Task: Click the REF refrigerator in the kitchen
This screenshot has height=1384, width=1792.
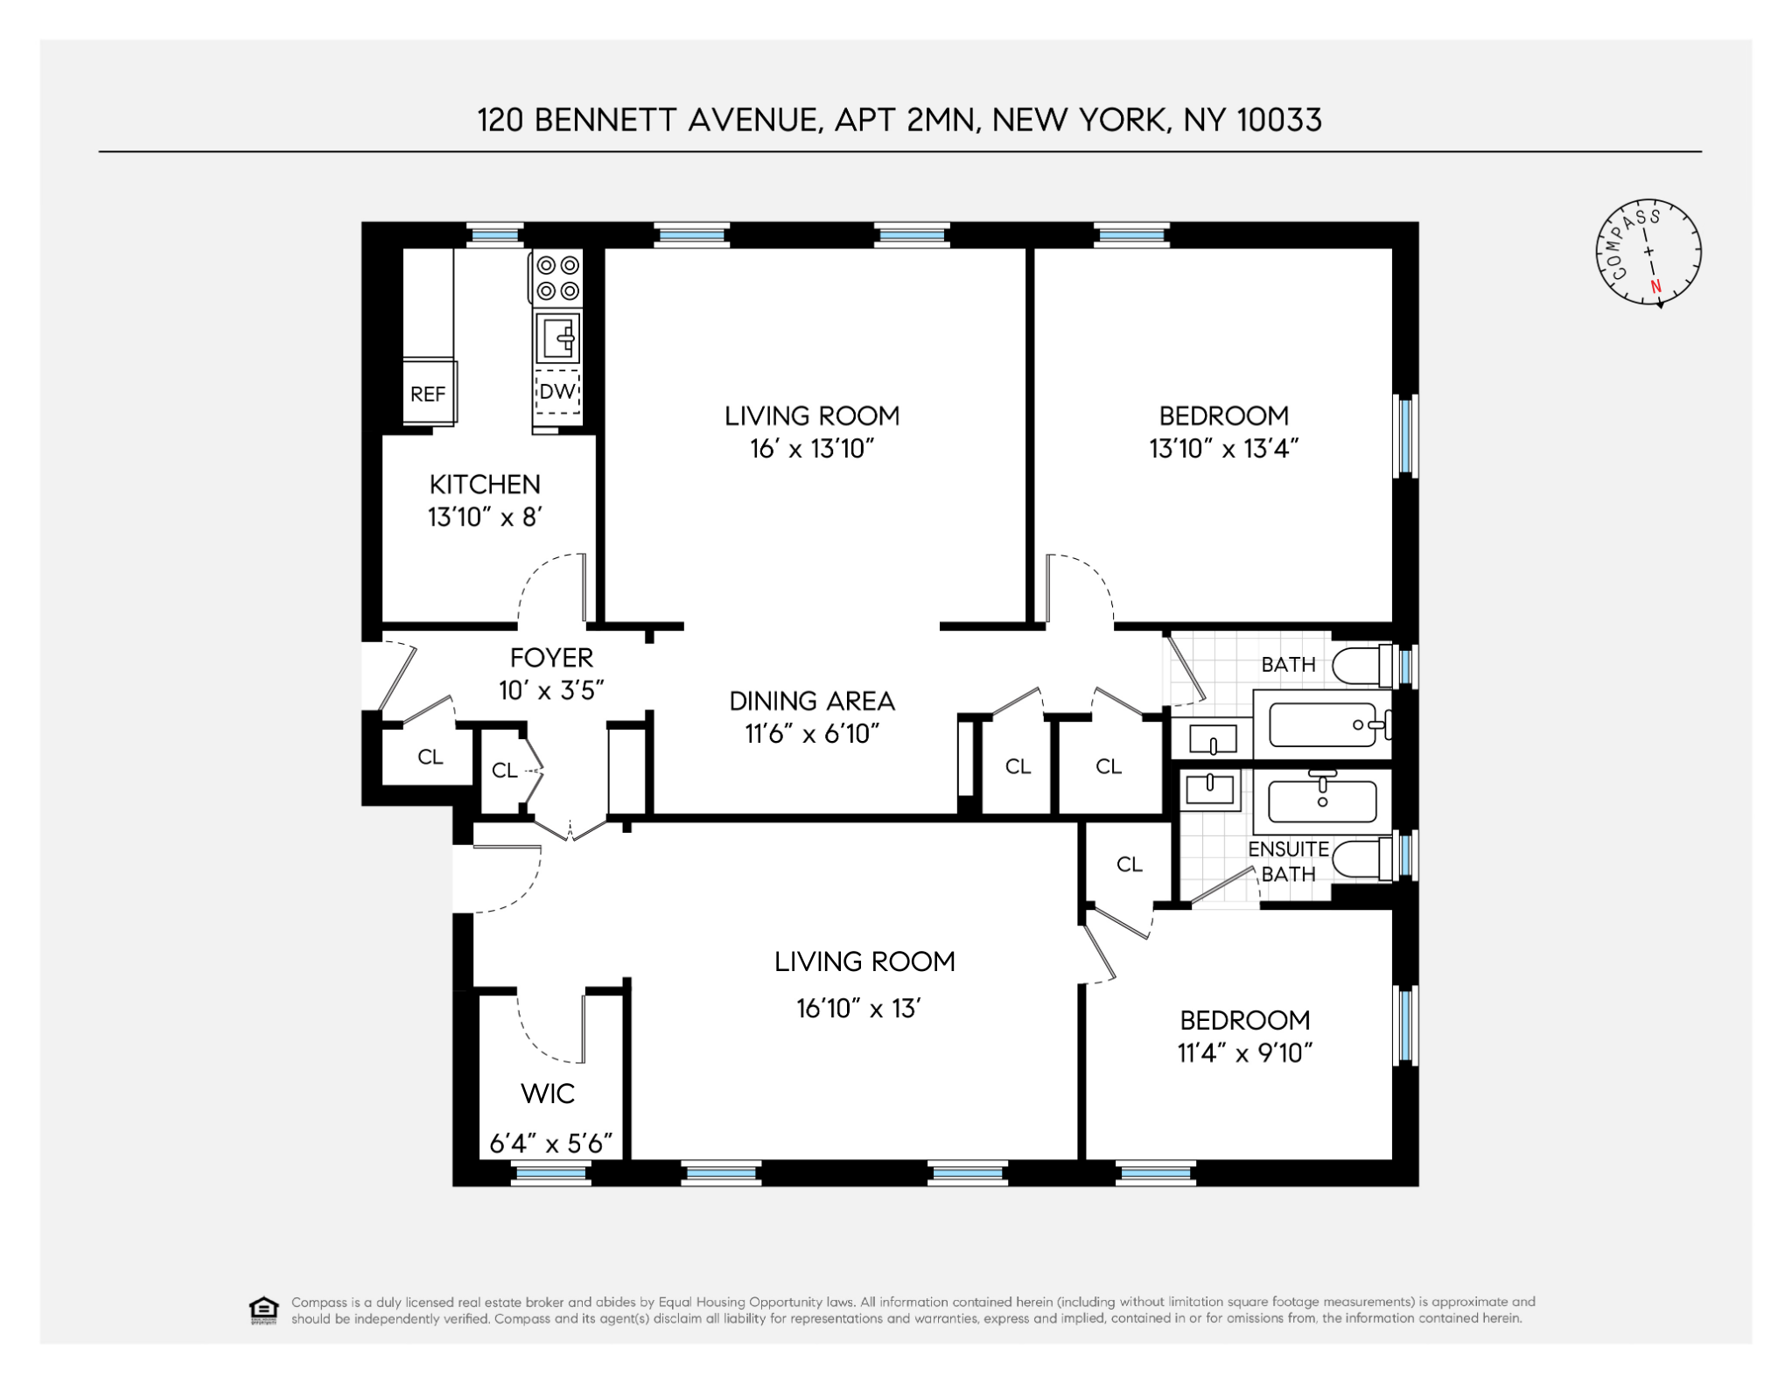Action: point(428,393)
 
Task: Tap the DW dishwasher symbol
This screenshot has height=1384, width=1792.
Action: point(557,391)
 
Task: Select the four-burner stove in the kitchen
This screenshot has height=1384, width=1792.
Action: point(558,277)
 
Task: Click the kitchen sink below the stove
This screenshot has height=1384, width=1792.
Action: point(558,337)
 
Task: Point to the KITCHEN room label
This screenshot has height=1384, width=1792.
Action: point(485,484)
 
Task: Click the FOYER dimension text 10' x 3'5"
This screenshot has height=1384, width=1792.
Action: point(551,690)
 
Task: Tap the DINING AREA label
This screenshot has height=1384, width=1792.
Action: point(812,701)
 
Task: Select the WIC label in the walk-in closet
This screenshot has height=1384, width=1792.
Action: point(548,1093)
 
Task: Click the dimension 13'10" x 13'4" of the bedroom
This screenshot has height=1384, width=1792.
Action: point(1223,449)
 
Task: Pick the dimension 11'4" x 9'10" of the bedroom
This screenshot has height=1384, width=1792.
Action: point(1244,1052)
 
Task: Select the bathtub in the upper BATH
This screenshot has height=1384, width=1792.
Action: point(1323,724)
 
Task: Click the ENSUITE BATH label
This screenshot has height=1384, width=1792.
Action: point(1288,861)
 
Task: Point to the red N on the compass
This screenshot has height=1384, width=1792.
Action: point(1655,286)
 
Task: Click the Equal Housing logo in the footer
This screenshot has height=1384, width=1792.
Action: point(263,1310)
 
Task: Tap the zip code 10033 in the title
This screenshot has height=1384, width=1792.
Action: point(1278,120)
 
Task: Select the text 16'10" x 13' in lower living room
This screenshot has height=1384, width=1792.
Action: point(858,1009)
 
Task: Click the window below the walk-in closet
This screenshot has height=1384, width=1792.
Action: point(550,1174)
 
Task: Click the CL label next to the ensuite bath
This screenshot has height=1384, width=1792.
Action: point(1129,864)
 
